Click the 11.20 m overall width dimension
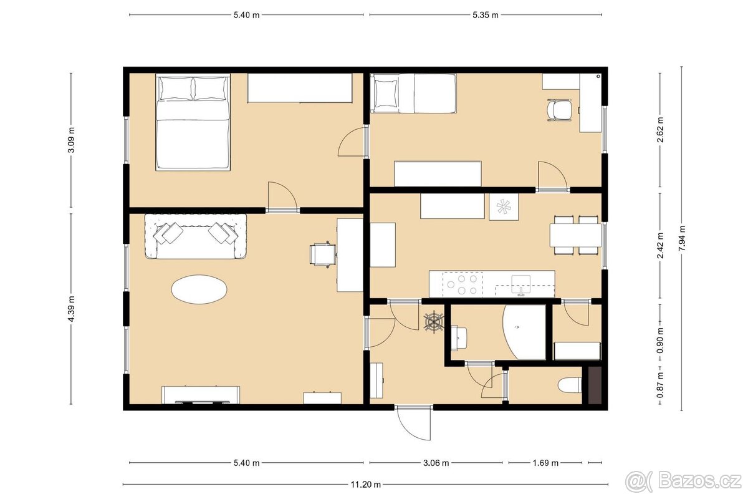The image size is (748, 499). click(365, 484)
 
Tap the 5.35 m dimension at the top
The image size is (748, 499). click(486, 15)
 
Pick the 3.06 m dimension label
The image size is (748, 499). click(436, 463)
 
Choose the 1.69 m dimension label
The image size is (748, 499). click(545, 463)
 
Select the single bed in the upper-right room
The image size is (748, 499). click(414, 94)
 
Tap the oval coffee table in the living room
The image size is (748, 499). click(199, 289)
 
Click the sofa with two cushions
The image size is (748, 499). click(196, 236)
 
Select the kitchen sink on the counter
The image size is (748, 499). click(520, 284)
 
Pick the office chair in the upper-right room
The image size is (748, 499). click(559, 111)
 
